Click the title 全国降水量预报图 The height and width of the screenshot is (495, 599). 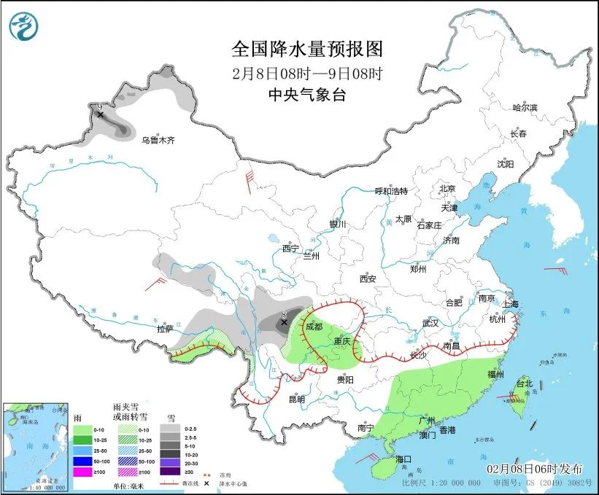(x=306, y=50)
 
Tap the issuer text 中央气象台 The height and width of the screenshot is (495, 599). (x=306, y=94)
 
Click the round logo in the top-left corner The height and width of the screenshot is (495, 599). (x=23, y=27)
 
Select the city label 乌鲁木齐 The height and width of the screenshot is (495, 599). (x=158, y=140)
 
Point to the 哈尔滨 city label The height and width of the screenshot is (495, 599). (x=524, y=108)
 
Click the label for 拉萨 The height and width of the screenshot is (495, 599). (x=166, y=329)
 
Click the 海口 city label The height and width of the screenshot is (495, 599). (x=403, y=459)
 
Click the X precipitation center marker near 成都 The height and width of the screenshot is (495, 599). (x=284, y=321)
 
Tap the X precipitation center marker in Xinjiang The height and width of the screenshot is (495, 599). (x=100, y=114)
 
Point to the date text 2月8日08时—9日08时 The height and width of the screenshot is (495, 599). (x=306, y=73)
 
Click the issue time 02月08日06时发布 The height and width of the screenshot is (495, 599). (x=527, y=465)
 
